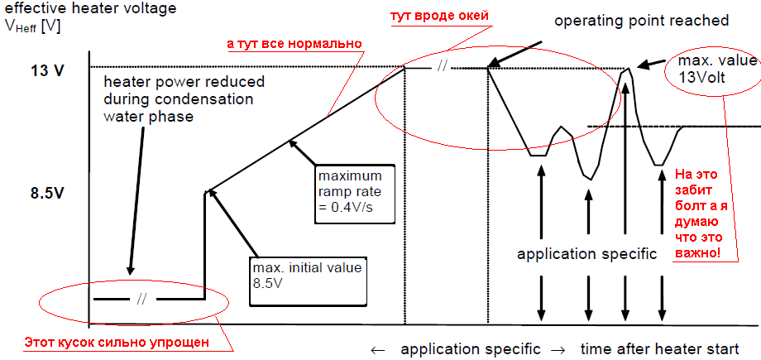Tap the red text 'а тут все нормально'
(x=294, y=42)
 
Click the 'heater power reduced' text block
(x=184, y=98)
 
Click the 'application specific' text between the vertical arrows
(x=586, y=254)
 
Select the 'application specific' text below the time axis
(x=471, y=348)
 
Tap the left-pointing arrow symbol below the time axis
(x=377, y=348)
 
